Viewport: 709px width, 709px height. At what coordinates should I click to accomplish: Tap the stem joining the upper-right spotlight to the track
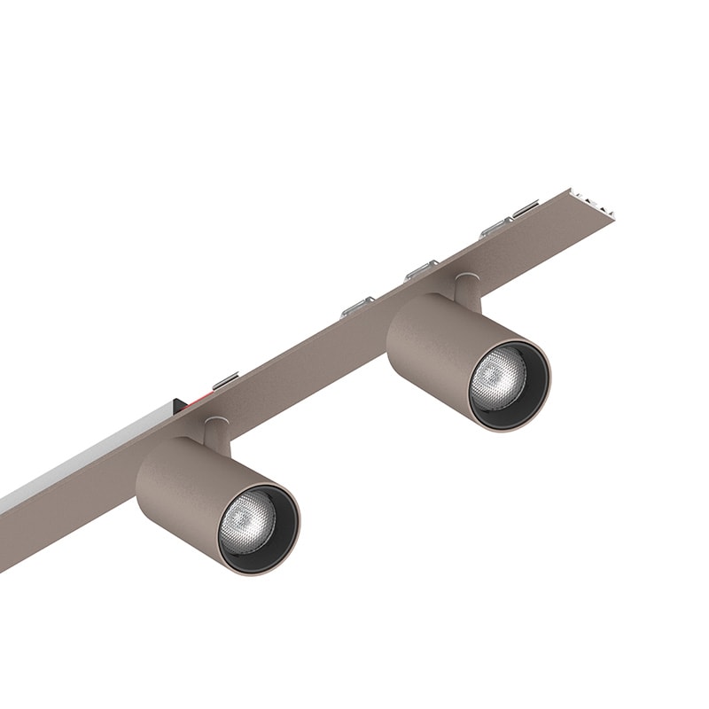click(x=466, y=291)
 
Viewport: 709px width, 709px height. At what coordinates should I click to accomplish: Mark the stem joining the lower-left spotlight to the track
click(x=215, y=432)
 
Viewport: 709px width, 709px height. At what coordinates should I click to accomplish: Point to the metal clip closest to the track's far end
click(x=523, y=211)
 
